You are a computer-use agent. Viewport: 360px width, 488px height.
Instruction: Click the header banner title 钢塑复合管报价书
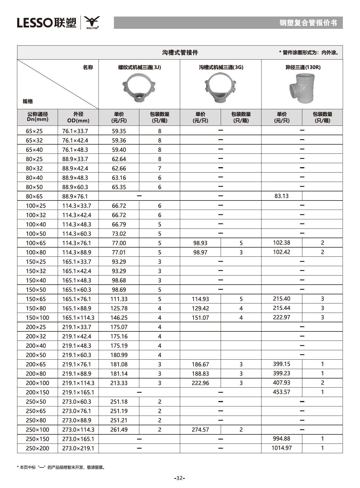308,23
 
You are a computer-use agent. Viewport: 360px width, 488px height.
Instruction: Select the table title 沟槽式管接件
180,52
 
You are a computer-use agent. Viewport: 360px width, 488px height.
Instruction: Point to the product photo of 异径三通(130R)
302,88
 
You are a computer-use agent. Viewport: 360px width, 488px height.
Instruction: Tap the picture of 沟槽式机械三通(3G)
220,88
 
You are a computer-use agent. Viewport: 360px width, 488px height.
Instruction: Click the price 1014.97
281,448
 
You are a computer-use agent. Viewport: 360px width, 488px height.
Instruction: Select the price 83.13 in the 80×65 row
281,196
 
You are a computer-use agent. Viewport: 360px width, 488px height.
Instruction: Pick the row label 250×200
37,448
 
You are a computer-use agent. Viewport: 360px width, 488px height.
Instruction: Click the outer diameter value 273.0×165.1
78,439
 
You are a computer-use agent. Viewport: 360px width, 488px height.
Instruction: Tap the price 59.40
119,150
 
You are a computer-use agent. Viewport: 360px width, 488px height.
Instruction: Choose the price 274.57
200,430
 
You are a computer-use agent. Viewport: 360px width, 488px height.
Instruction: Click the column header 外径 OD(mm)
78,117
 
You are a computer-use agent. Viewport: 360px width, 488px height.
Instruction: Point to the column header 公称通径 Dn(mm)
37,117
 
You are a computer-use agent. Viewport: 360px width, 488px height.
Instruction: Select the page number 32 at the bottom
180,478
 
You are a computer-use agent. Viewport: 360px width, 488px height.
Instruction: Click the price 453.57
281,392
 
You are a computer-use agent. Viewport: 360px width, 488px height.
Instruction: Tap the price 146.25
119,317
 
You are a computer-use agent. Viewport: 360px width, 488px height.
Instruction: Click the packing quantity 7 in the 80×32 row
160,168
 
